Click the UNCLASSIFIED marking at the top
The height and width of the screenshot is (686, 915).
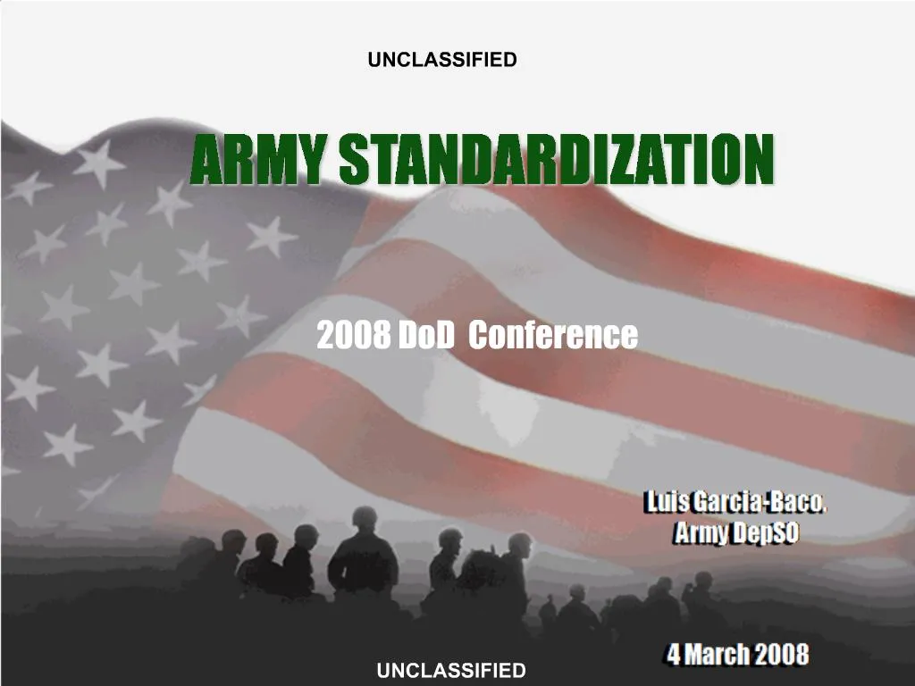point(442,60)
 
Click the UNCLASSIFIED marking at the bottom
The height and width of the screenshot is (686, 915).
point(450,670)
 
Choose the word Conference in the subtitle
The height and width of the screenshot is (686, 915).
point(553,336)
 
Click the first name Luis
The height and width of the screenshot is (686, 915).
point(666,502)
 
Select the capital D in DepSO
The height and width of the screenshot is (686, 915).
point(743,534)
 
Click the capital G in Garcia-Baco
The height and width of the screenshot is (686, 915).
point(701,502)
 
